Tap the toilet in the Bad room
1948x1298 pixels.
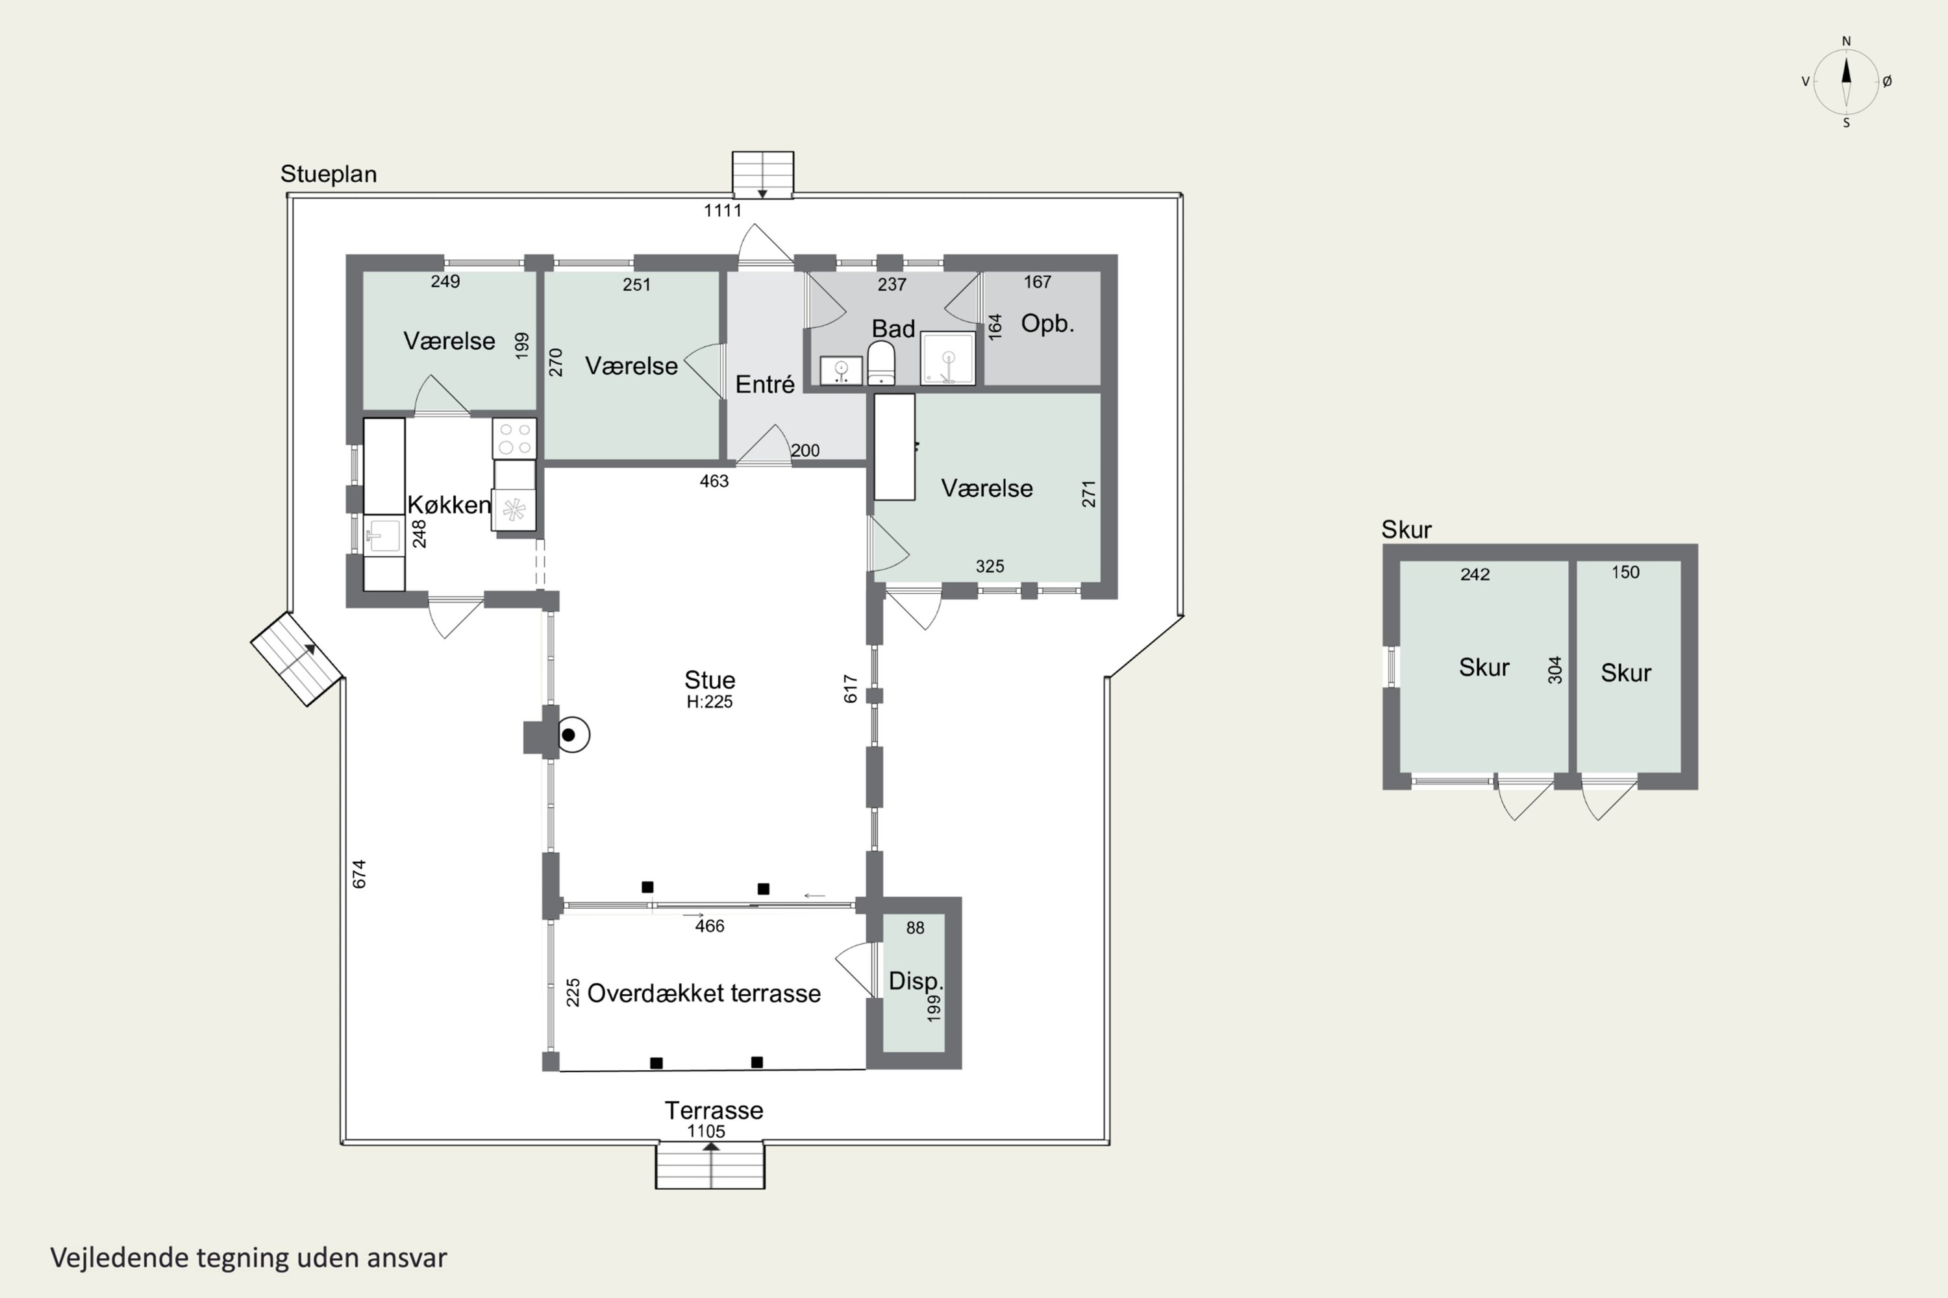point(880,364)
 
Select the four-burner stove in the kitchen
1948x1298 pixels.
point(514,439)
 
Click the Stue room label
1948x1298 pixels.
point(710,680)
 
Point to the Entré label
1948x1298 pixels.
point(764,384)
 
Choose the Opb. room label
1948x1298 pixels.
point(1047,324)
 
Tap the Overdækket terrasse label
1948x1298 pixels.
point(704,994)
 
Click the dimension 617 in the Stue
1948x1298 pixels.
point(851,689)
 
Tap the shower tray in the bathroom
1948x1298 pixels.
point(947,358)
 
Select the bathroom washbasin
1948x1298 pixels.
point(841,370)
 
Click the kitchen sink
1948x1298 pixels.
point(384,535)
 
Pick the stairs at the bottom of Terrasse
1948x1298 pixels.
point(710,1166)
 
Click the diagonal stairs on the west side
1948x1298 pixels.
point(297,659)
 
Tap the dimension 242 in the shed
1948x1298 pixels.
point(1475,574)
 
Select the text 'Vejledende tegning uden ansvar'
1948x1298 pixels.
point(249,1258)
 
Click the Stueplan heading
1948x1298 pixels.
point(329,175)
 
